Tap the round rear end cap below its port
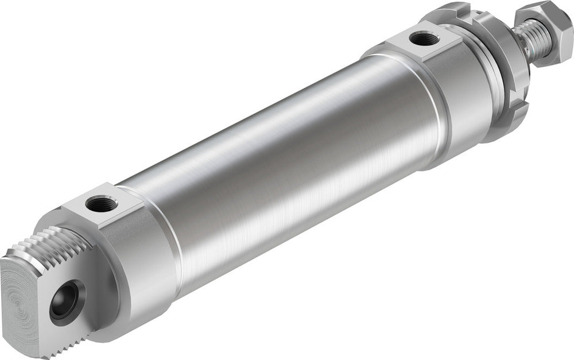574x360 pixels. pos(143,258)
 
